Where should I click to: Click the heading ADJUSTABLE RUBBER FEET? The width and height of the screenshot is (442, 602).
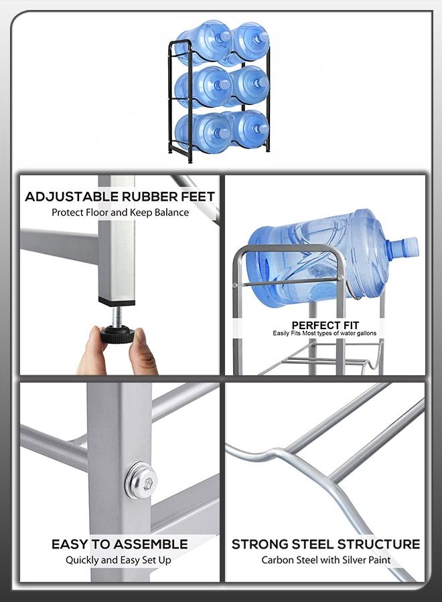tap(120, 197)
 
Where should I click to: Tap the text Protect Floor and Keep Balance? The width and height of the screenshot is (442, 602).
tap(120, 213)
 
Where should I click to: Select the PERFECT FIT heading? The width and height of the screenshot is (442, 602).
tap(325, 325)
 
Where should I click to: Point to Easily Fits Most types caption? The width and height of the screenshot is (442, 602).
tap(325, 333)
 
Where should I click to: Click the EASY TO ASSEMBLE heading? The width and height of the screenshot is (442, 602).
tap(119, 544)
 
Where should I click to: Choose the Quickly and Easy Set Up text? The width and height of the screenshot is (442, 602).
tap(118, 560)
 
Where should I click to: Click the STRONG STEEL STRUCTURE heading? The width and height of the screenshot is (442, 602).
tap(325, 544)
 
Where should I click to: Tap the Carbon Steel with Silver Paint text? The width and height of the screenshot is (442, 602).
tap(325, 560)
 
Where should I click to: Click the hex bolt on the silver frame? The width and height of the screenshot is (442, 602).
tap(141, 480)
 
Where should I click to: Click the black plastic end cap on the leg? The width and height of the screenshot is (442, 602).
tap(117, 302)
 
